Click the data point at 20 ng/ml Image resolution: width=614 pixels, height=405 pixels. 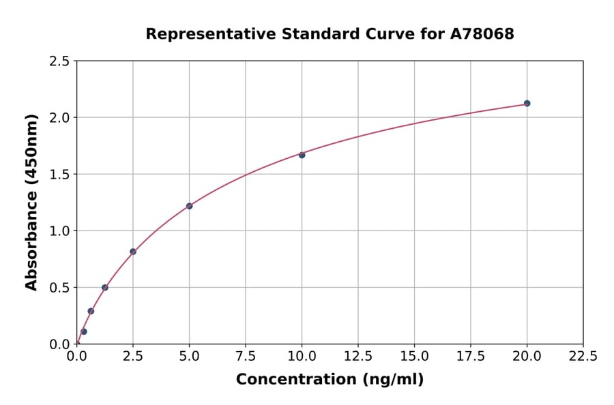527,104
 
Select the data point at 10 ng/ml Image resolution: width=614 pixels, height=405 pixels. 302,155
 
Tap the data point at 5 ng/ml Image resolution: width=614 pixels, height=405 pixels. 189,206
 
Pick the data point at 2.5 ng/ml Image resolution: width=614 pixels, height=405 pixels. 133,252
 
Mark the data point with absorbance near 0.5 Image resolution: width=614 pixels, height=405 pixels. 105,287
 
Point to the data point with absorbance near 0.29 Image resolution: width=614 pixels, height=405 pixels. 91,311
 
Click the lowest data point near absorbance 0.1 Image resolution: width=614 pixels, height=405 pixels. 84,331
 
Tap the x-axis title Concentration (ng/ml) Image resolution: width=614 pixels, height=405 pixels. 330,380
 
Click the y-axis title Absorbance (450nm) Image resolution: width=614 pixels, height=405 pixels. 31,202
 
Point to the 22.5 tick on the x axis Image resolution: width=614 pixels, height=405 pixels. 583,356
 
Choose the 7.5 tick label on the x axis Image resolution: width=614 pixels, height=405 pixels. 246,356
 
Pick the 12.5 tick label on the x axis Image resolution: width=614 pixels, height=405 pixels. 358,356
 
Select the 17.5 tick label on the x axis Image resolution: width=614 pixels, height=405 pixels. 471,356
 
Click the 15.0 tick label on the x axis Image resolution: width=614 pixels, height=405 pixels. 414,356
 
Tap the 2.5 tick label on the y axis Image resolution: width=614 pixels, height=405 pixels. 59,61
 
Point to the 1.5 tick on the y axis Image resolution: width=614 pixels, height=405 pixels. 59,175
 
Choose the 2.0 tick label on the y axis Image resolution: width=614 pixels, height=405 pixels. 59,118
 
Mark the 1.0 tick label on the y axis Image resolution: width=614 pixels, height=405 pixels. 59,231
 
